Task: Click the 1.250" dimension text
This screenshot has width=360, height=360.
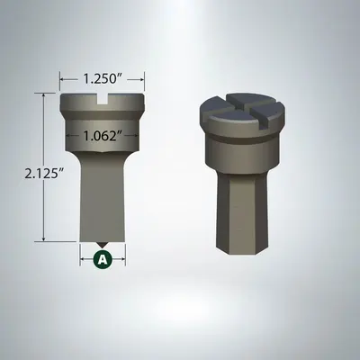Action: click(x=103, y=78)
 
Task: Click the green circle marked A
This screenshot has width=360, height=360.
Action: click(x=103, y=259)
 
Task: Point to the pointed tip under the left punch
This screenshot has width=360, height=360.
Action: click(x=103, y=244)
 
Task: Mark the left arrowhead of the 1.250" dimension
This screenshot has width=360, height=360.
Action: click(x=62, y=78)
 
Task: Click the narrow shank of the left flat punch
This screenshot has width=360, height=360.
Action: click(x=103, y=198)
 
